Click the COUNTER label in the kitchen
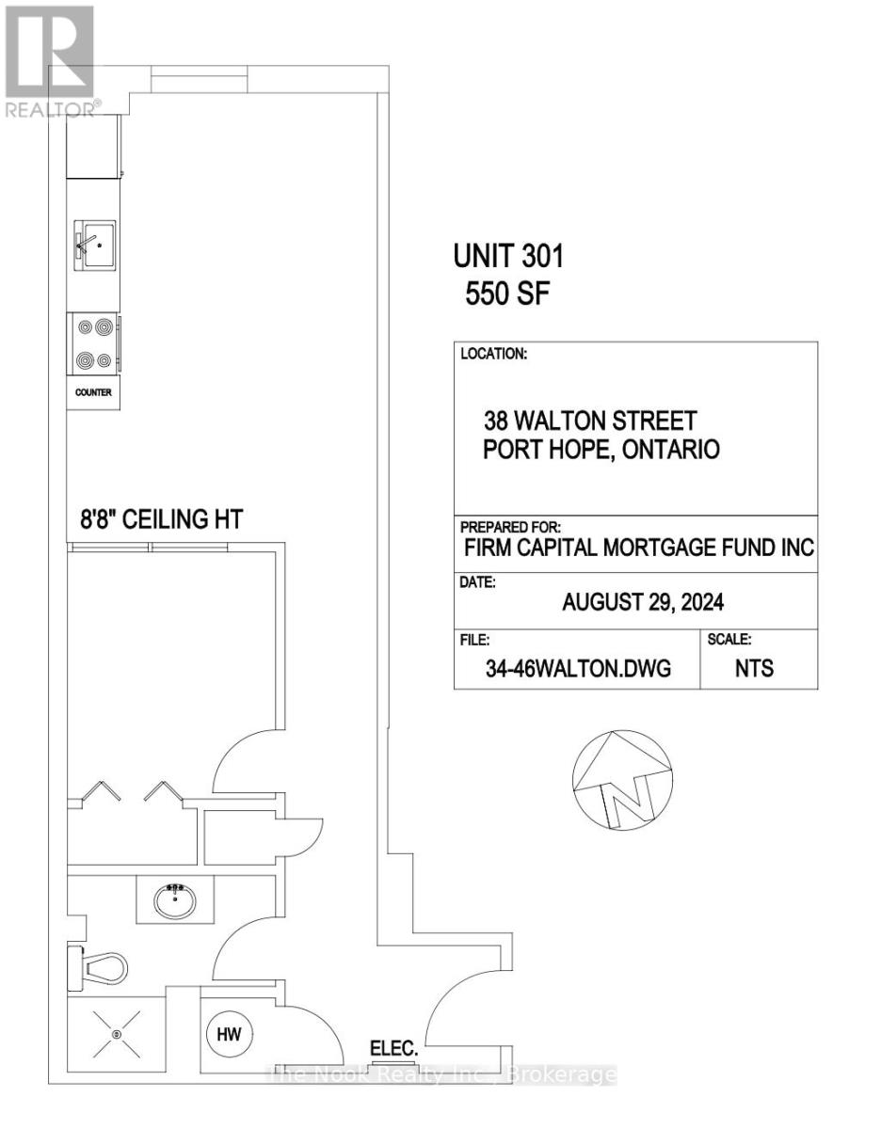93,392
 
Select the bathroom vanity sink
175,901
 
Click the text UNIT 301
508,257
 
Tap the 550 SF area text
507,294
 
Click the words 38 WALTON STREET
590,421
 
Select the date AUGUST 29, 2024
643,602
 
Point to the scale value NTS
754,668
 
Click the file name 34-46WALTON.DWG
578,669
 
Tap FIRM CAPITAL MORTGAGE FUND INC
639,548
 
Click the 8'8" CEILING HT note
162,519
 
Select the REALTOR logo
50,61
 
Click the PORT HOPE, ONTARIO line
601,450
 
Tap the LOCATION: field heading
494,354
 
